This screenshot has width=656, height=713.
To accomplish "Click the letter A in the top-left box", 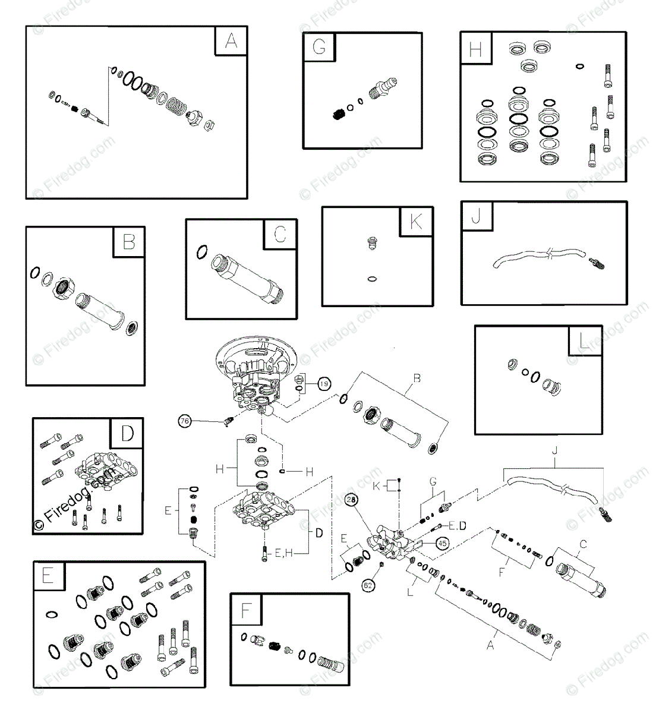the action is click(x=231, y=41).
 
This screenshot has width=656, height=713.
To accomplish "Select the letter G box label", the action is click(x=319, y=47).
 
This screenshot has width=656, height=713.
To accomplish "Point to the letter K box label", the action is click(x=416, y=222).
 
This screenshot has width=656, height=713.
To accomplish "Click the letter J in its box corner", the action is click(x=477, y=217).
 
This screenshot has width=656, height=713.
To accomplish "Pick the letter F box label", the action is click(x=246, y=610).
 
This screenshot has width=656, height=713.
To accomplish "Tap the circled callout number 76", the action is click(x=185, y=421).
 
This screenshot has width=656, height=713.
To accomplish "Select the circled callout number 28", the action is click(x=351, y=501).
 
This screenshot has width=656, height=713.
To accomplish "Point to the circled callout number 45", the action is click(x=441, y=542).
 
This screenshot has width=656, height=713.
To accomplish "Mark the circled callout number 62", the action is click(x=368, y=585).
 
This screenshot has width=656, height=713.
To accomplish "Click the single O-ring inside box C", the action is click(x=201, y=252).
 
